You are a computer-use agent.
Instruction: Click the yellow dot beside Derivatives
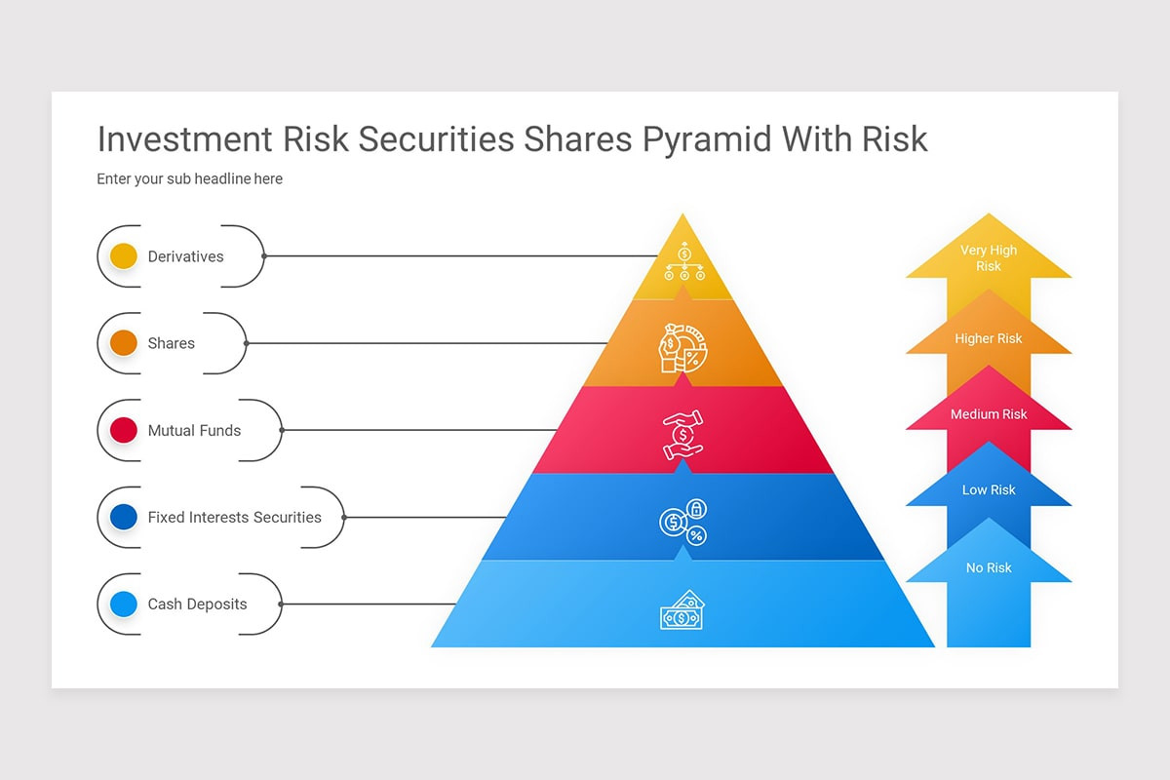click(124, 256)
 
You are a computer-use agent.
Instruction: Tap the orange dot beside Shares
click(124, 343)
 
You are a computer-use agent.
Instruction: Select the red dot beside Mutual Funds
click(124, 430)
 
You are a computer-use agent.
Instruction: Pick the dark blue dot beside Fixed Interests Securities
click(124, 517)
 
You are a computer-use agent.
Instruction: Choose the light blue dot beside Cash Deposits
click(124, 604)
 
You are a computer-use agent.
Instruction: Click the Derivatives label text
click(185, 256)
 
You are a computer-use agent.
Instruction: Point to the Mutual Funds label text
click(194, 430)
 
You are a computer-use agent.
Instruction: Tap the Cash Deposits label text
click(197, 604)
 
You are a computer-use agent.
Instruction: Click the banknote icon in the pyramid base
click(682, 610)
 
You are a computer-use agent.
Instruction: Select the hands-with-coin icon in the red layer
click(682, 434)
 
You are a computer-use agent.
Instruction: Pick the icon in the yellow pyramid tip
click(683, 261)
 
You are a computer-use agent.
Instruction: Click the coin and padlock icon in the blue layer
click(682, 522)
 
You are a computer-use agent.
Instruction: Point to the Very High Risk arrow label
click(989, 258)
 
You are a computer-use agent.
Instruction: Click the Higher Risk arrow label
click(989, 338)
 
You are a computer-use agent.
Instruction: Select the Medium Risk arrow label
click(989, 414)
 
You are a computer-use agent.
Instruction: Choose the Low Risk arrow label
click(989, 490)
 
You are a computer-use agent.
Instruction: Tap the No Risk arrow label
click(989, 567)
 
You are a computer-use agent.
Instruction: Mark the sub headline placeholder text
click(189, 179)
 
